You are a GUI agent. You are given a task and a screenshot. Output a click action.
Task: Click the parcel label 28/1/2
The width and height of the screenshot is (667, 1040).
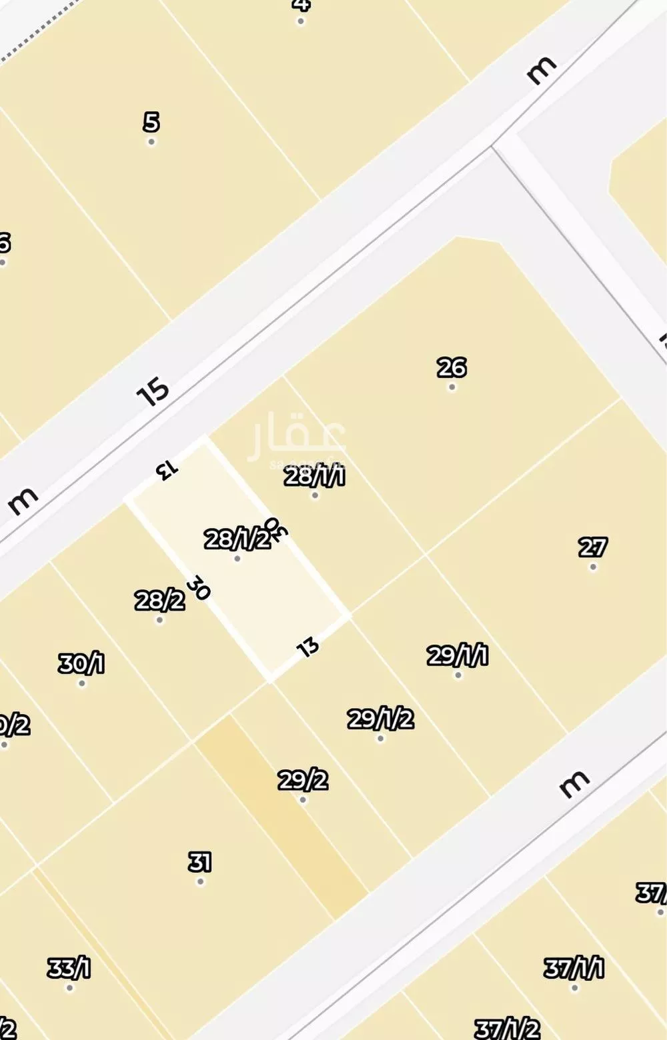click(x=237, y=538)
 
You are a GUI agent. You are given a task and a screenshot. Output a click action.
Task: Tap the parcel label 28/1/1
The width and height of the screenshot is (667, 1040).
click(x=314, y=476)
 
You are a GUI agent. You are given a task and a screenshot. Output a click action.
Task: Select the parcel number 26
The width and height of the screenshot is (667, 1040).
click(x=452, y=367)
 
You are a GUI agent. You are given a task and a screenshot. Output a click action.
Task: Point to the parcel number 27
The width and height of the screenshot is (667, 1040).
click(x=592, y=547)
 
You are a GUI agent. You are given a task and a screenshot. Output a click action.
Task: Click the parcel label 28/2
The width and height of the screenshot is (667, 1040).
click(x=159, y=601)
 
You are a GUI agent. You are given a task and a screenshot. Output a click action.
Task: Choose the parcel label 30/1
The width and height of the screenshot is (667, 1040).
click(x=81, y=663)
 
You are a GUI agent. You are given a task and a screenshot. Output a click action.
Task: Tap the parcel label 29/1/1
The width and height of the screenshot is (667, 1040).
click(x=458, y=655)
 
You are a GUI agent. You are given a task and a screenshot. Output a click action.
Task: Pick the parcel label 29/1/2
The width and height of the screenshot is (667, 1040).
click(x=380, y=719)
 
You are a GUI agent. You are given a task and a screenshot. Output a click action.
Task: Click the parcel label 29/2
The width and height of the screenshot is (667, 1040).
click(x=303, y=779)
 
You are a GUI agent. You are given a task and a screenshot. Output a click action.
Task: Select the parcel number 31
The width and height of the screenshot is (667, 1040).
click(x=199, y=862)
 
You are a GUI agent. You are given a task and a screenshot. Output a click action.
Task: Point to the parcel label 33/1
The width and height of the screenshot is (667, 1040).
click(x=69, y=968)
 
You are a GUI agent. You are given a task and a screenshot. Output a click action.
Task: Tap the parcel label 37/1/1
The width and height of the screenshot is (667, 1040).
click(x=574, y=967)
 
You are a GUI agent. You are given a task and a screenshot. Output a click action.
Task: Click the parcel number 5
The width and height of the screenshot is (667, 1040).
click(x=151, y=122)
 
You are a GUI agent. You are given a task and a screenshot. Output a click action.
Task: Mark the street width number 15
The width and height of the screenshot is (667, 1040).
click(x=153, y=391)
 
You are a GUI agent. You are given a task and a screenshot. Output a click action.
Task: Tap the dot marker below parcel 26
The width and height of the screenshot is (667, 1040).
click(x=452, y=387)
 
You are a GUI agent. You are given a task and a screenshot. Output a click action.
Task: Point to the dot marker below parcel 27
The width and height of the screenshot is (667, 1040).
click(x=593, y=567)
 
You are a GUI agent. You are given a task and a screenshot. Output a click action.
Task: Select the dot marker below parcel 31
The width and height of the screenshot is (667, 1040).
click(x=200, y=882)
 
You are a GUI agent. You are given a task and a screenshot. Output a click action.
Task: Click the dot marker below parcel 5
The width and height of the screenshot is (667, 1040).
click(x=151, y=142)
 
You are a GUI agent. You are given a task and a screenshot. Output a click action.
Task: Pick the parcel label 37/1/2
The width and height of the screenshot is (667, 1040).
click(x=507, y=1029)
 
